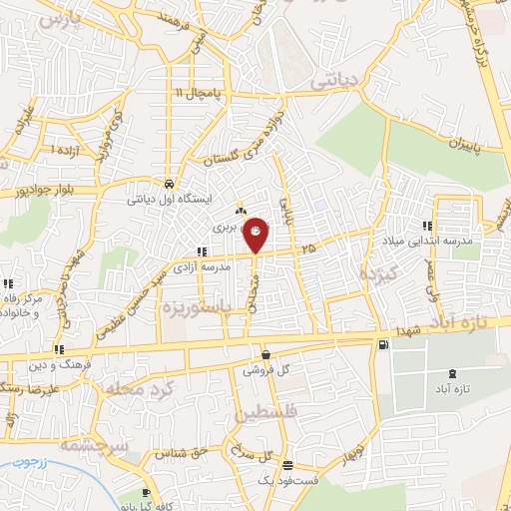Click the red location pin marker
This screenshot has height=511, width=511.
(x=256, y=236)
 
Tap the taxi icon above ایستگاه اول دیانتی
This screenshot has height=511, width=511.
(x=170, y=185)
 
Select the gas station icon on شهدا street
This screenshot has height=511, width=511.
(x=384, y=345)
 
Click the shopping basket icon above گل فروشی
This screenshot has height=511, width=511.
(x=265, y=354)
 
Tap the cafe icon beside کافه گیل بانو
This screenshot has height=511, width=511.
(x=147, y=494)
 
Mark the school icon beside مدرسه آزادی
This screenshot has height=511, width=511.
(x=203, y=252)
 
